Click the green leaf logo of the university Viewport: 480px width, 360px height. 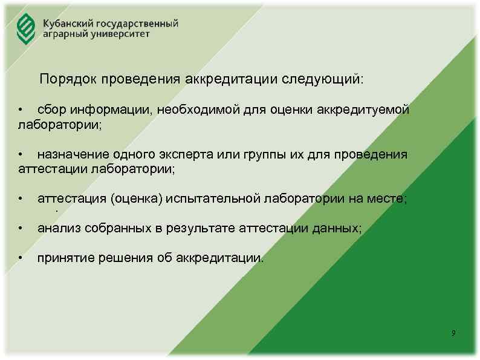pos(25,29)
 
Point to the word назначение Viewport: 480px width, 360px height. pos(70,154)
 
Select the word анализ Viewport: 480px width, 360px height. pos(57,228)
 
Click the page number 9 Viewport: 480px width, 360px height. pos(453,334)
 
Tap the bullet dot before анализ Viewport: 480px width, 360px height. pos(21,229)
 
